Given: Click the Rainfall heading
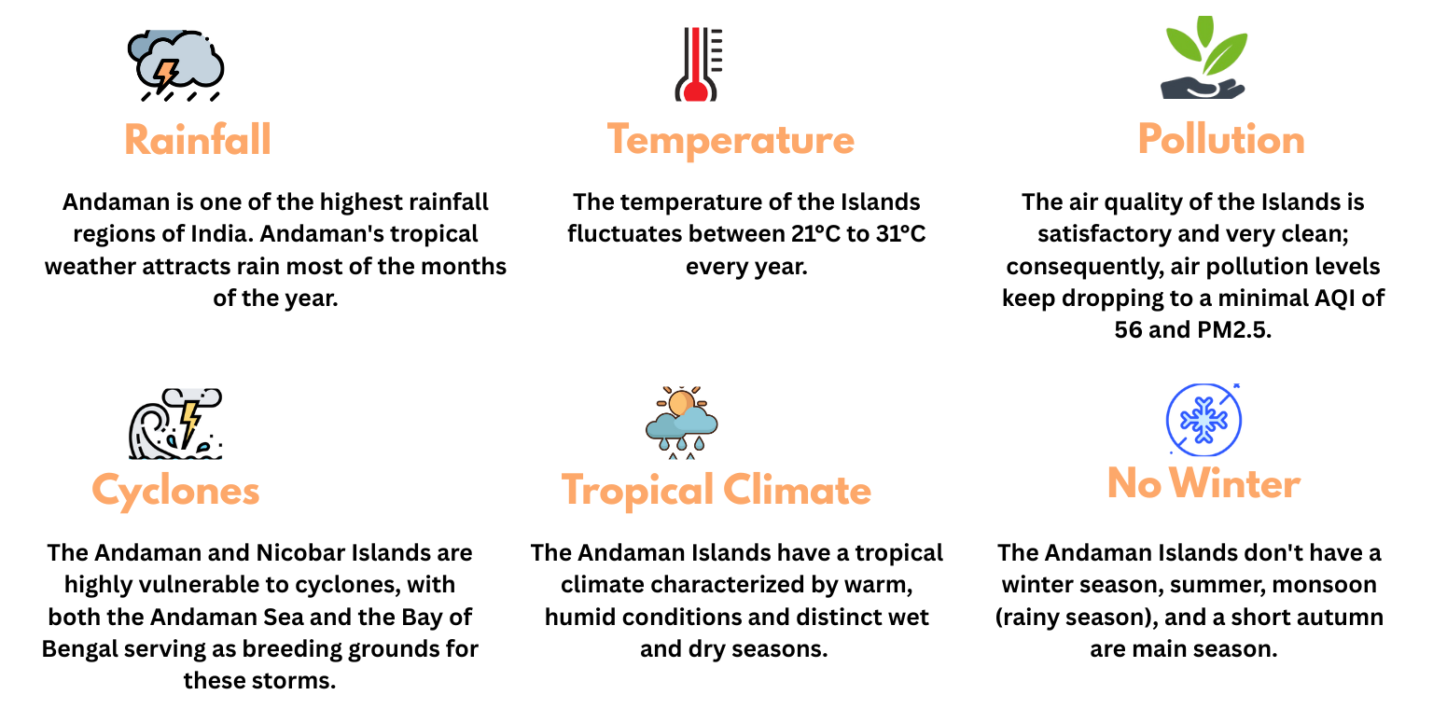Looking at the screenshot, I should pyautogui.click(x=198, y=140).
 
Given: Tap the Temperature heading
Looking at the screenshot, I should pyautogui.click(x=730, y=140).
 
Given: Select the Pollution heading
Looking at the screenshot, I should pyautogui.click(x=1220, y=140).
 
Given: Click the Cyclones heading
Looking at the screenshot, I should pyautogui.click(x=175, y=491).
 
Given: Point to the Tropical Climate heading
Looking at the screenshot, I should pyautogui.click(x=716, y=491).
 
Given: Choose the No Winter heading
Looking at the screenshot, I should pyautogui.click(x=1203, y=484).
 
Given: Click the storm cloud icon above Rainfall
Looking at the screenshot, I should pyautogui.click(x=175, y=63).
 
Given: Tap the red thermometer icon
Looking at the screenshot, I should pyautogui.click(x=696, y=63).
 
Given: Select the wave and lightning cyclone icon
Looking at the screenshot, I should pyautogui.click(x=175, y=424).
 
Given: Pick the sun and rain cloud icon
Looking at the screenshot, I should pyautogui.click(x=681, y=422).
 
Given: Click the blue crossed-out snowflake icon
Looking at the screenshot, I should pyautogui.click(x=1203, y=420).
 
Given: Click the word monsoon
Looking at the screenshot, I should pyautogui.click(x=1328, y=585).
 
